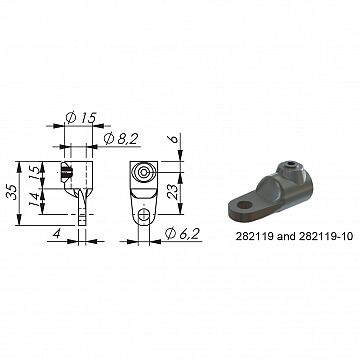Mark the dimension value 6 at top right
pos(175,142)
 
